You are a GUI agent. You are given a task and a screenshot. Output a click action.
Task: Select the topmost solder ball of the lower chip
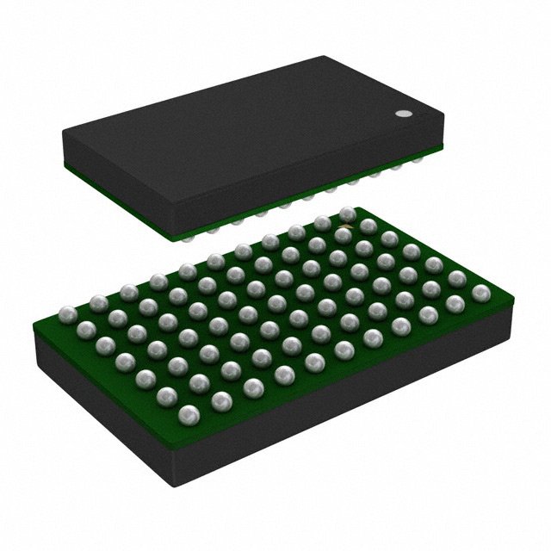348,213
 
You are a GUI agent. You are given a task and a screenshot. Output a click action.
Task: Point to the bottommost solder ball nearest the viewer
220,400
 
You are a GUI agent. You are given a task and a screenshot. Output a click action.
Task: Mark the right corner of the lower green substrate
513,297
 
